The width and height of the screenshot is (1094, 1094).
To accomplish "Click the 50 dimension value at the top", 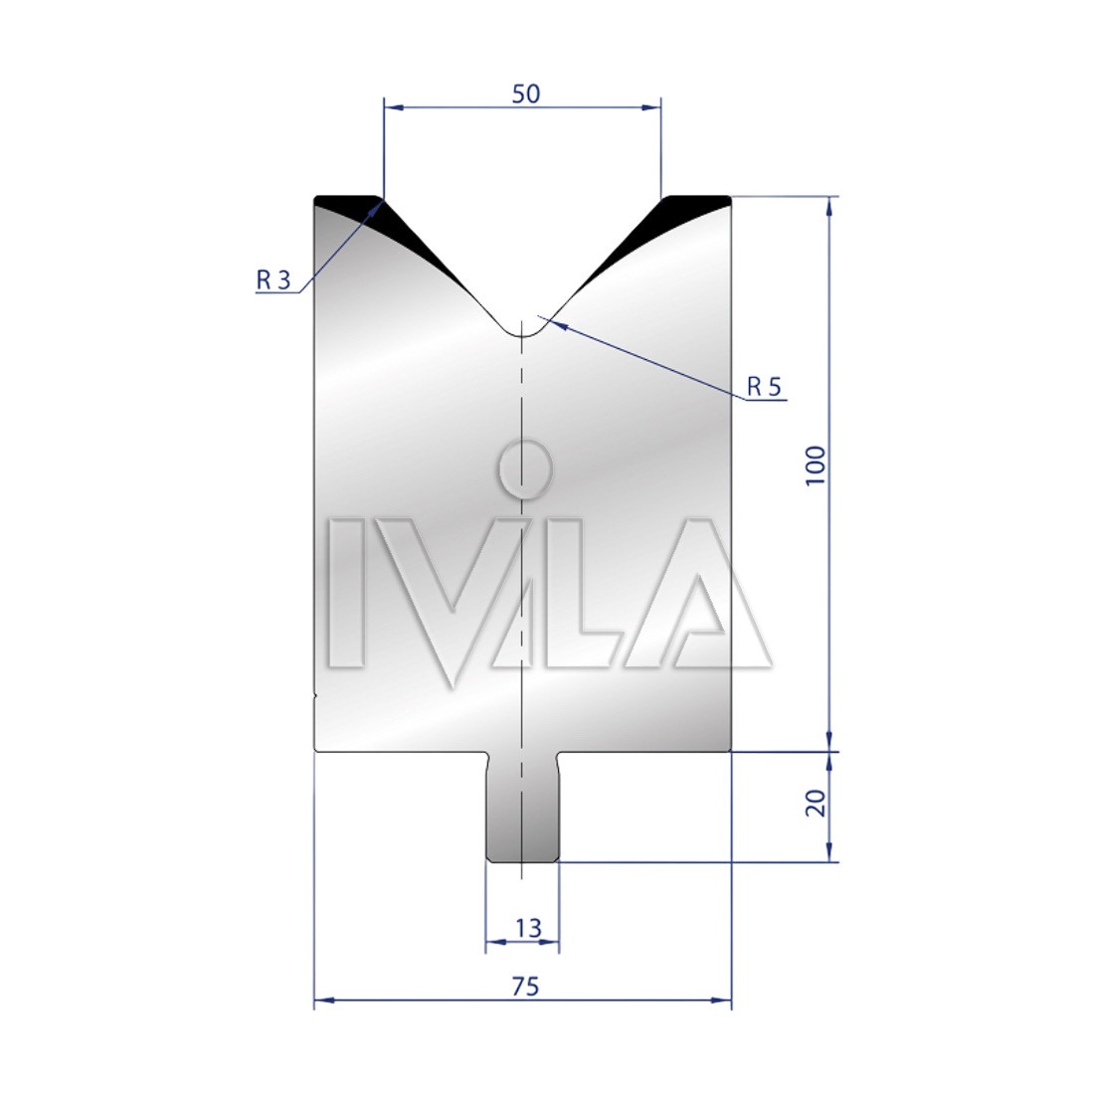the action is (526, 93).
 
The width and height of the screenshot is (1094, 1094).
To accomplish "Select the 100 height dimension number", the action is (815, 466).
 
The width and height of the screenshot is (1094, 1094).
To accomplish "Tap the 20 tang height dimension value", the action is (815, 803).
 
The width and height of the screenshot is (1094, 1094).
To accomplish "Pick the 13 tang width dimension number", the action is (529, 928).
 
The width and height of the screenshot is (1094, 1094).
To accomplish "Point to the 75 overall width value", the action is (525, 987).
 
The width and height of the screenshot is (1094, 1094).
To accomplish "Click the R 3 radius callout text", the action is (273, 279).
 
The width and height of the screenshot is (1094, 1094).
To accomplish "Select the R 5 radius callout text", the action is (764, 386).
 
